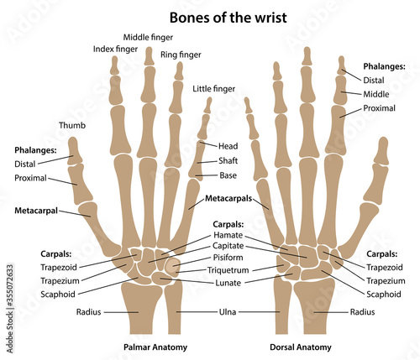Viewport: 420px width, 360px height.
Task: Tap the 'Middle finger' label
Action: [149, 38]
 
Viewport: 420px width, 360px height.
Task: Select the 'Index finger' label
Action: [114, 50]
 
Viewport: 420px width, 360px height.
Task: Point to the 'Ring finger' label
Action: [181, 55]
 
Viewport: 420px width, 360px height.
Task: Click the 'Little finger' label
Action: [213, 89]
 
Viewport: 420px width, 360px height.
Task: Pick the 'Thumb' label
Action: [71, 127]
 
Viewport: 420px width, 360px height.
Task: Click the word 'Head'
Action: [228, 146]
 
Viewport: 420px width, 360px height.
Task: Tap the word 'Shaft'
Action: [228, 162]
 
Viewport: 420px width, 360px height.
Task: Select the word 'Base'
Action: [228, 176]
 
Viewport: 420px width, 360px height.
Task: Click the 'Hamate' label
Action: [228, 237]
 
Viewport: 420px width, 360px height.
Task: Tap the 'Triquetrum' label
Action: [232, 271]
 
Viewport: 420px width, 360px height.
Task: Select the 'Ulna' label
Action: [228, 312]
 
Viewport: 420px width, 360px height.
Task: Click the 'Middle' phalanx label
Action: [376, 94]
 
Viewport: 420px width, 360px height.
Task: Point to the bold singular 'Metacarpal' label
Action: [36, 211]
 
